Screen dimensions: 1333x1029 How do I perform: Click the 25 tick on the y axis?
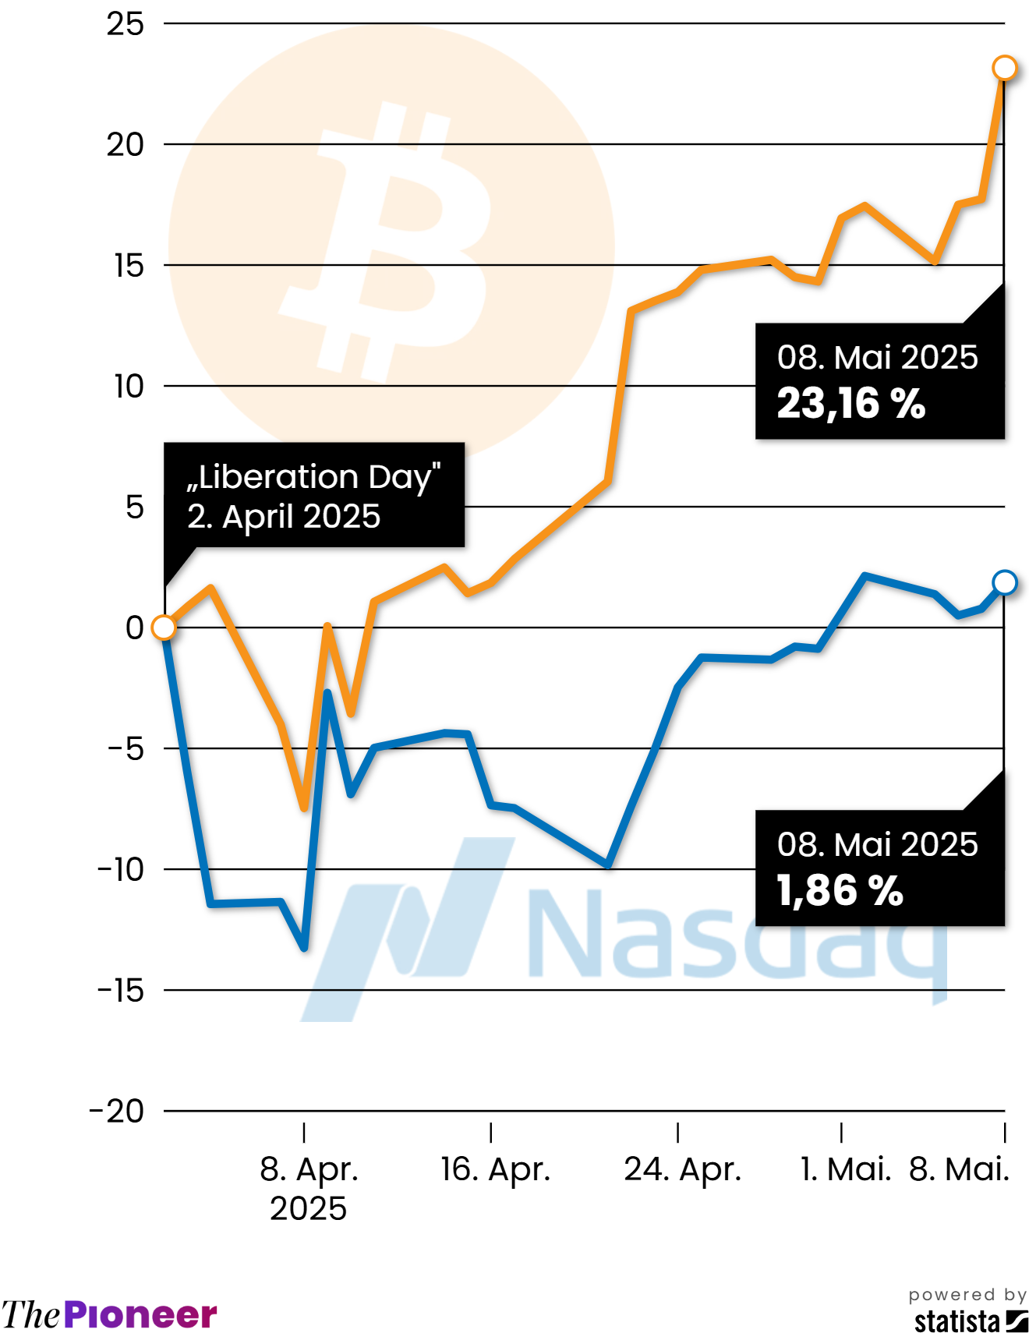[x=125, y=24]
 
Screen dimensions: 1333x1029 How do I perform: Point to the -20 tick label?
[x=117, y=1111]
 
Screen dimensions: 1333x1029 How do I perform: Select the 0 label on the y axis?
[x=135, y=628]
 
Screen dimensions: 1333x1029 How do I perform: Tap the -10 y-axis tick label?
[x=121, y=869]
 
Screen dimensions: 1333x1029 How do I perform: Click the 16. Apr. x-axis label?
[x=496, y=1169]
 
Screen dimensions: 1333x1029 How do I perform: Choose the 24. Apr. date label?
[x=682, y=1169]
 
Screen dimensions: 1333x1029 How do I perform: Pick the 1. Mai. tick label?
[x=846, y=1169]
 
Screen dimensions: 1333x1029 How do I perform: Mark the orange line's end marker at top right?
[x=1004, y=68]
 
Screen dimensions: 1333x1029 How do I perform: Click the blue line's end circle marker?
[x=1004, y=582]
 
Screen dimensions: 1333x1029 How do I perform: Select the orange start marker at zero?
[x=164, y=628]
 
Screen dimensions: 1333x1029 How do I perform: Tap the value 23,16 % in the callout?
[x=851, y=404]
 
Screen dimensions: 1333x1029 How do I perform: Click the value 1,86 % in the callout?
[x=840, y=890]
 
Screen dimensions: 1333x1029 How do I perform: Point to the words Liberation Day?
[x=314, y=476]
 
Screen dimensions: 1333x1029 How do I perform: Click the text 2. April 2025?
[x=284, y=516]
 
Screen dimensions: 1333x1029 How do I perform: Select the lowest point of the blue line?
[x=304, y=948]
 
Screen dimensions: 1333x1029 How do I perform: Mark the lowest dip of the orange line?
[x=304, y=808]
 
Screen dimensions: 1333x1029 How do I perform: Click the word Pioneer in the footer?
[x=140, y=1315]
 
